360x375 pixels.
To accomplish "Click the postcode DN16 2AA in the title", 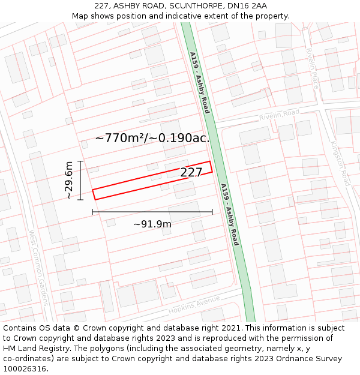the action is pyautogui.click(x=247, y=6).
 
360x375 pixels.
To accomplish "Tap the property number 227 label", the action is pyautogui.click(x=191, y=173).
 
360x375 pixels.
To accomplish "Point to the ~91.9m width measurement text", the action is pyautogui.click(x=152, y=224).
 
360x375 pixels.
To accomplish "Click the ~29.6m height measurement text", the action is pyautogui.click(x=69, y=180).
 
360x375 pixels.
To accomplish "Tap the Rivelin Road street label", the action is pyautogui.click(x=279, y=114).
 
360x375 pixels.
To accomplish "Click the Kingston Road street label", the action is pyautogui.click(x=340, y=163).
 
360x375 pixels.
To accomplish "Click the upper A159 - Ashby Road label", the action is pyautogui.click(x=199, y=83).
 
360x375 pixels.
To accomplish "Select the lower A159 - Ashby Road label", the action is pyautogui.click(x=230, y=215).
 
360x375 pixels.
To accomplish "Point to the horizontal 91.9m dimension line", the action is pyautogui.click(x=152, y=212).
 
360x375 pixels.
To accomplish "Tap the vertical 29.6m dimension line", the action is pyautogui.click(x=80, y=180).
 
